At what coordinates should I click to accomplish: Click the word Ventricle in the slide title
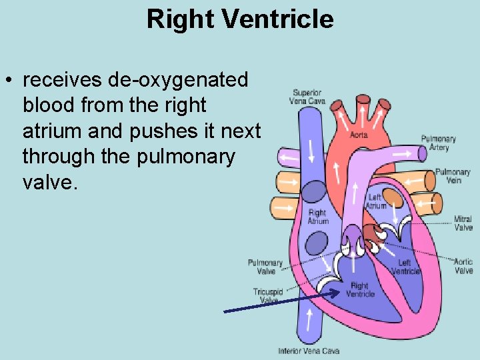[278, 19]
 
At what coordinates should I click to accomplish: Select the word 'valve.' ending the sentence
[50, 183]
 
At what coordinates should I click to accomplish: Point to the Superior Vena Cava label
[307, 97]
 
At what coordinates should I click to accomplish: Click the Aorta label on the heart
[359, 135]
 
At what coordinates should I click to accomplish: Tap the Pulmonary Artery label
[439, 143]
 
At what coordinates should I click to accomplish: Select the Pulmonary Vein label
[453, 176]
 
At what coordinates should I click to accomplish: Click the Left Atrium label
[375, 201]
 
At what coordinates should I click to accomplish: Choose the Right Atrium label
[318, 217]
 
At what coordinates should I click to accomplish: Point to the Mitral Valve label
[463, 223]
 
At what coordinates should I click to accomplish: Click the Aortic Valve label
[463, 266]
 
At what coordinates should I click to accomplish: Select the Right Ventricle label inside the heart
[360, 290]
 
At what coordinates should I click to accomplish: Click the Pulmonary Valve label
[265, 267]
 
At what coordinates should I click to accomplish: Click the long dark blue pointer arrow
[280, 299]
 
